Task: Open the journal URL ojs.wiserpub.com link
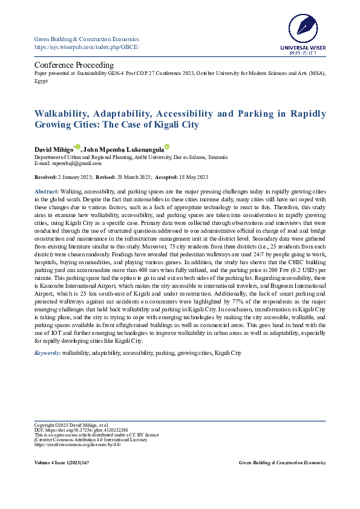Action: pos(87,47)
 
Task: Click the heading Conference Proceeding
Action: pos(74,65)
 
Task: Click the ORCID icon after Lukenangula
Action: pos(167,147)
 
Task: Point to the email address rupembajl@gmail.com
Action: pos(76,163)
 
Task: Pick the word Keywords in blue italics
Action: pos(47,352)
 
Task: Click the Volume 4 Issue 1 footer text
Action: pos(62,462)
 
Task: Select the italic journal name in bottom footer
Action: pos(282,462)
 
